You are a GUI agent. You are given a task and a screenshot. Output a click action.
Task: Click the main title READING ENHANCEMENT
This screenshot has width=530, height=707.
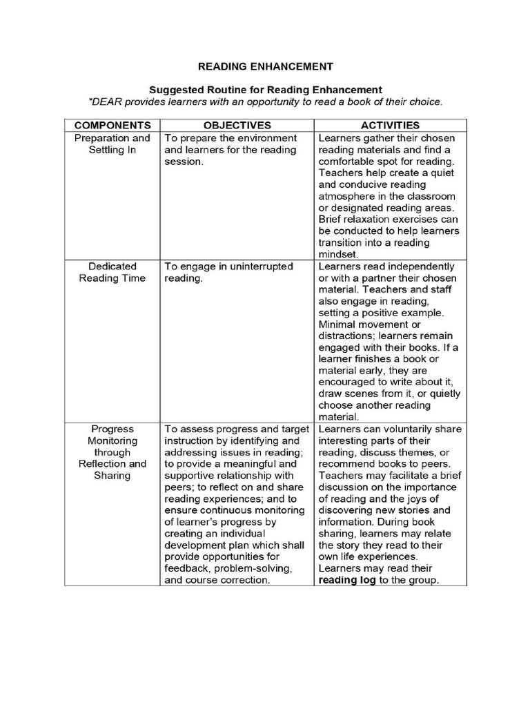coord(266,67)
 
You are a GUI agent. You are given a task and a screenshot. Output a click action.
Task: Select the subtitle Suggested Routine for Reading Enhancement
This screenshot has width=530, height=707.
coord(266,90)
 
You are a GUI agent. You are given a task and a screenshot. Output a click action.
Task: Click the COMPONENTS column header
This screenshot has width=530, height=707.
coord(112,126)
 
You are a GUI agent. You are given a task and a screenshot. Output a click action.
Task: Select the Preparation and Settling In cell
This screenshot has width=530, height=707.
coord(112,144)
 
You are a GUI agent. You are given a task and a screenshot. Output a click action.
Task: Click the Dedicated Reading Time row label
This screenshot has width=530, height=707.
coord(112,272)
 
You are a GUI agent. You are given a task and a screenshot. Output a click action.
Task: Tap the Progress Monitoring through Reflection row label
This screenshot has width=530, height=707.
coord(112,452)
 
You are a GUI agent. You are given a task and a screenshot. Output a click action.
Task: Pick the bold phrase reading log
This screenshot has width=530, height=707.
coord(347,581)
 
